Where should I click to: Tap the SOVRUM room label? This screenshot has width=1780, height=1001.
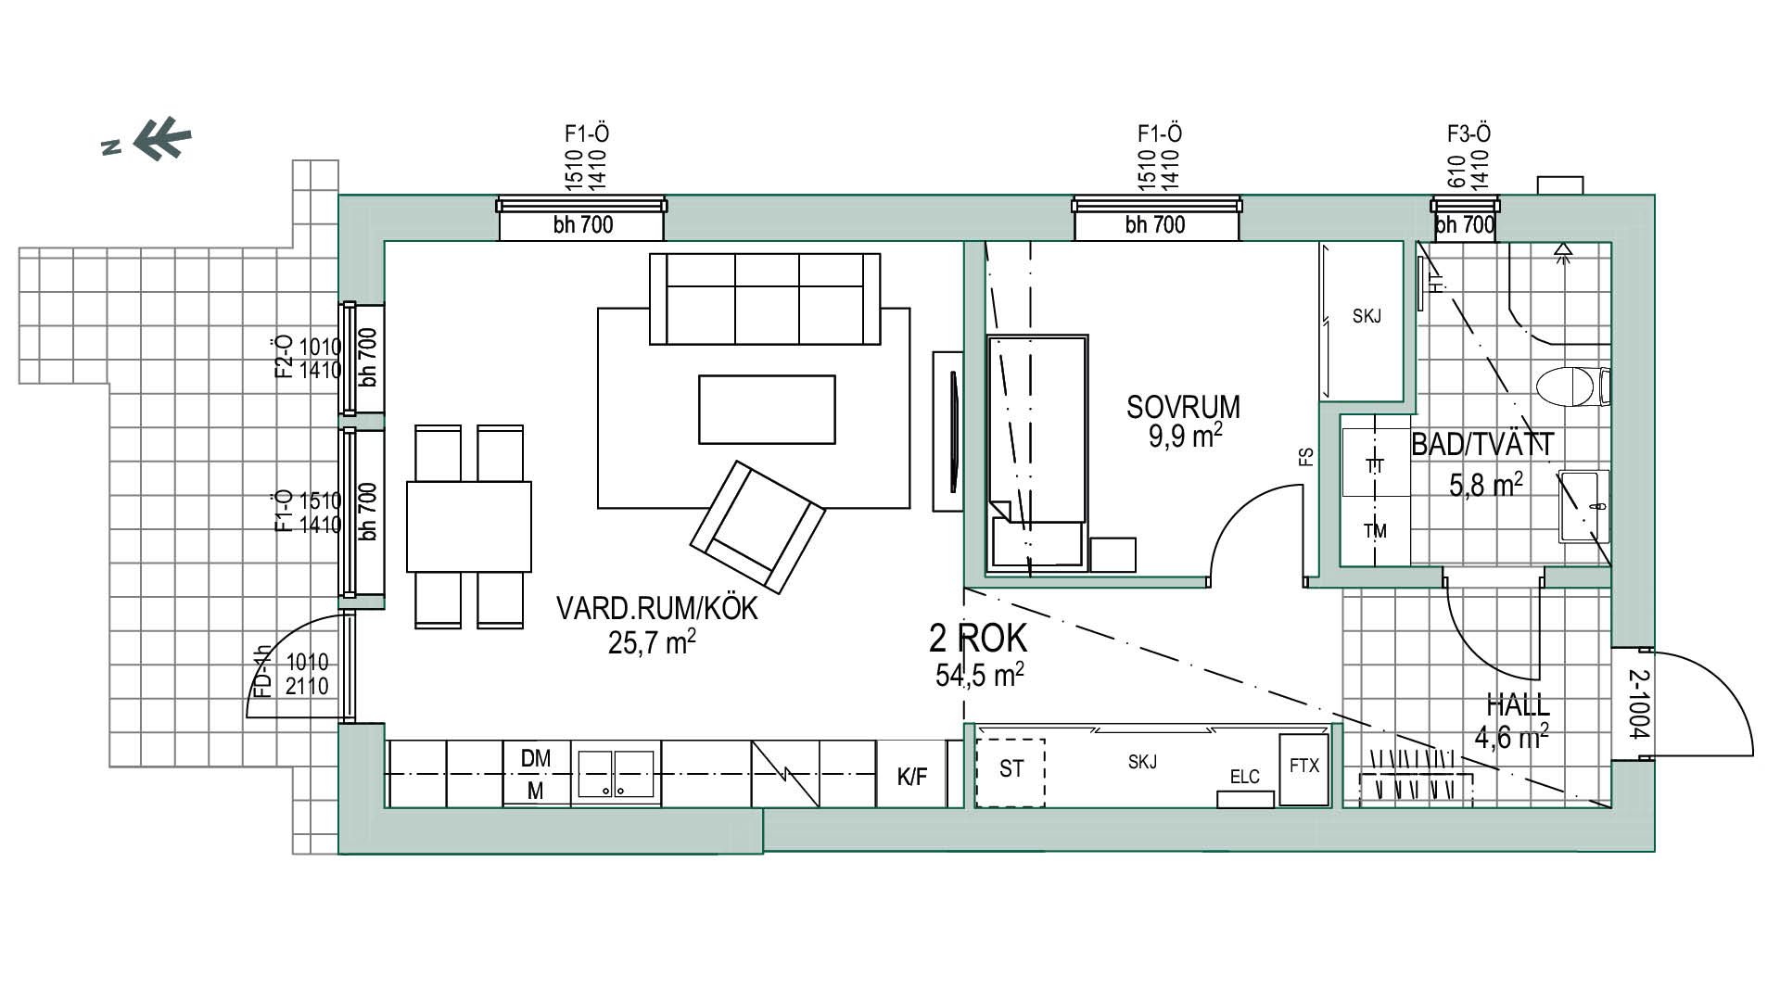coord(1183,407)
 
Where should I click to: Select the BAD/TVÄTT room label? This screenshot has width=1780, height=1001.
coord(1481,445)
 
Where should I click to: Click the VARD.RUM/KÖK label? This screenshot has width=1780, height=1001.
coord(656,609)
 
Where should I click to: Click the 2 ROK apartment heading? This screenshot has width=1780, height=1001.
coord(978,639)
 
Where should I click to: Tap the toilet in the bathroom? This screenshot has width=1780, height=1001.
coord(1572,386)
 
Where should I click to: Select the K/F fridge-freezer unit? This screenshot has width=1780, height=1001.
coord(912,773)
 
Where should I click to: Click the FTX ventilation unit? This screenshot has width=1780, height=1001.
coord(1303,769)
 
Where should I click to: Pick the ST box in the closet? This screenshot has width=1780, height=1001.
coord(1011,772)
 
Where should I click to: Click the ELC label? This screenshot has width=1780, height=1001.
coord(1244,777)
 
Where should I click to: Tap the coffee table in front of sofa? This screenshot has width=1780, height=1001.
coord(767,409)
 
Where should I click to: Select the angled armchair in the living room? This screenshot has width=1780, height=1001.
coord(757,527)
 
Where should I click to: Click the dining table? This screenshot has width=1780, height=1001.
coord(469,526)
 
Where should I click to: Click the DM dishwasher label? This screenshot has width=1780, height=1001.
coord(535,758)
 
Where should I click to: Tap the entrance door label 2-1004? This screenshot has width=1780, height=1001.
coord(1638,704)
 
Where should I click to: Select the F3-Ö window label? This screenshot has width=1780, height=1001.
coord(1468,134)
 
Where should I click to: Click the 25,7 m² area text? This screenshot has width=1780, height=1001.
coord(652,641)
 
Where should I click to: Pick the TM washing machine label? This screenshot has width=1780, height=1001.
coord(1375,531)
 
